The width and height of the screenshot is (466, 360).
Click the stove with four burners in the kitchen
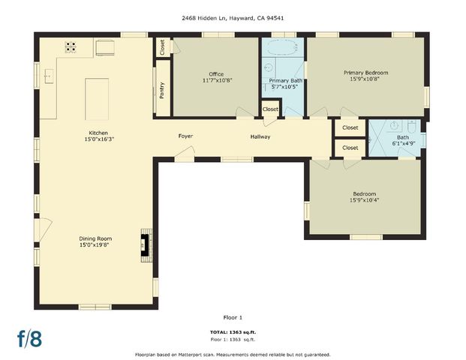click(71, 46)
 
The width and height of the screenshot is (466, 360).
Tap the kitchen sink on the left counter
click(48, 76)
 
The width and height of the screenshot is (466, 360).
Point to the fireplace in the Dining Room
click(144, 244)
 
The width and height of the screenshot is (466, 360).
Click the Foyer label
click(185, 136)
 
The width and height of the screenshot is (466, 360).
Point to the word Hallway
click(260, 136)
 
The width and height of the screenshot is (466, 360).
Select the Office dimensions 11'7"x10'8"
click(216, 81)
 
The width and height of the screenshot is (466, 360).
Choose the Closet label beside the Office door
click(162, 46)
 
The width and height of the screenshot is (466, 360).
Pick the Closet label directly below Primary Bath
click(270, 109)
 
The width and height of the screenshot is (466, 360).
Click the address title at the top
click(233, 17)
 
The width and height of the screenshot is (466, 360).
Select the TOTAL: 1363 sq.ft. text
click(233, 331)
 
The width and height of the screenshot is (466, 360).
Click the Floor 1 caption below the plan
click(233, 317)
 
